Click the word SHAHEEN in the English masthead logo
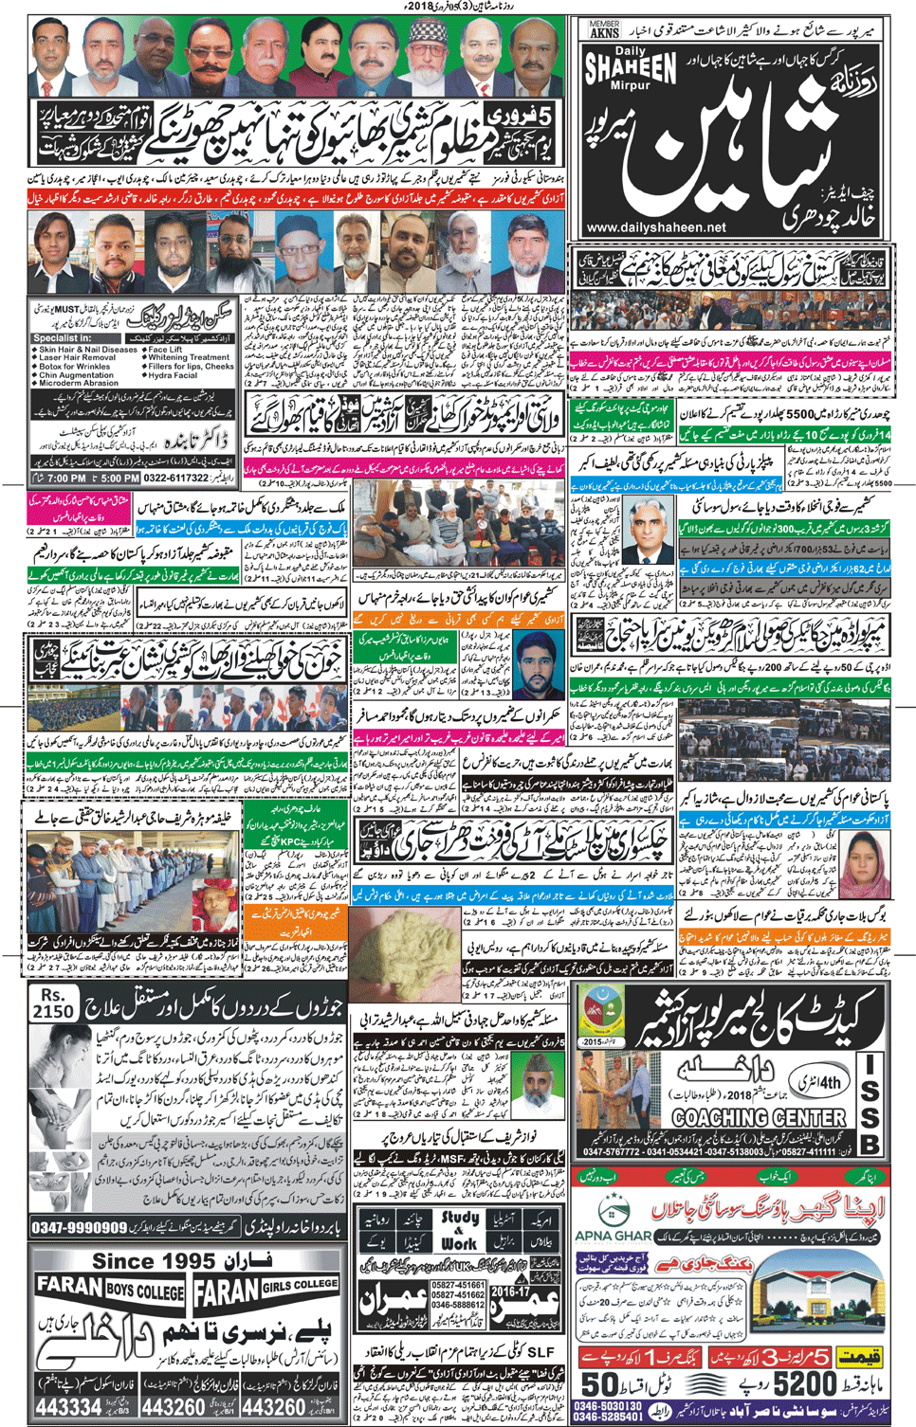631,68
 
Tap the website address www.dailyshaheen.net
656,227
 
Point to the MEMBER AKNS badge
603,28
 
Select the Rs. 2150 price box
53,1003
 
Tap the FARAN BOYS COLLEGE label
110,1290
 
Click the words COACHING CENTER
759,1118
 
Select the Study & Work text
459,1229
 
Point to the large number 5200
805,1384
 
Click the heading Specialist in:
63,338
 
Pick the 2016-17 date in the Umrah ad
509,1291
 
